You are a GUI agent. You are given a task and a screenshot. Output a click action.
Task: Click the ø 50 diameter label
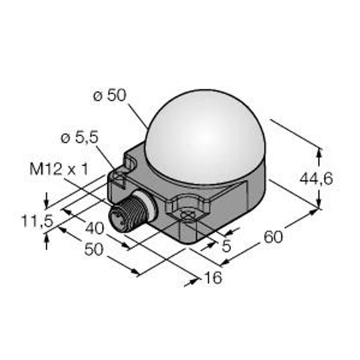110,95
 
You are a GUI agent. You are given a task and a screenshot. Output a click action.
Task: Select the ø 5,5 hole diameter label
80,138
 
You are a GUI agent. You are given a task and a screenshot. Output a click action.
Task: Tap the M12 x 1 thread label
59,169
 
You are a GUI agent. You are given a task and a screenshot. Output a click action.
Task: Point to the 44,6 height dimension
316,179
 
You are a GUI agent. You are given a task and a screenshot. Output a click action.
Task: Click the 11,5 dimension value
37,221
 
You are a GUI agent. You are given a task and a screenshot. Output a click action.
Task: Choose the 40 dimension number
95,228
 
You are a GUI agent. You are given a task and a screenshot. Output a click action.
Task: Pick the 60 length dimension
273,237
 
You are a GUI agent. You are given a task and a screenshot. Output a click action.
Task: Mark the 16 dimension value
213,277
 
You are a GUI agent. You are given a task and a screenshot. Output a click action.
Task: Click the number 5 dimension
226,246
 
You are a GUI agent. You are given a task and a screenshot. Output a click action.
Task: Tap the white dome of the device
206,137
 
